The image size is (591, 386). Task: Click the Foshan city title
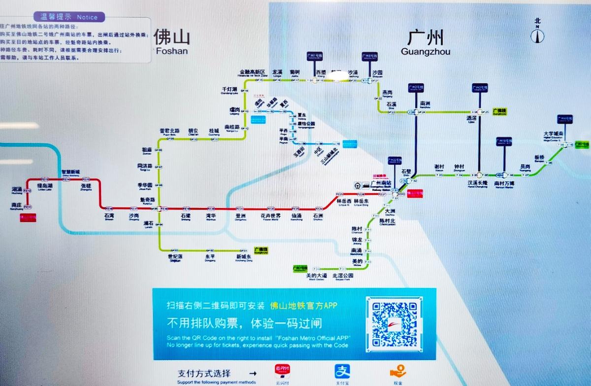pos(171,40)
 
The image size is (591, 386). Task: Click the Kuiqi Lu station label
pos(148,200)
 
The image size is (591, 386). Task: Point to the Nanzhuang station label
pos(16,206)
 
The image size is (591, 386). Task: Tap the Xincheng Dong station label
pos(243,258)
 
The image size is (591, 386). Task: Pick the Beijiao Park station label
pos(343,277)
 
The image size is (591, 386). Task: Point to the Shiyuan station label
pos(376,73)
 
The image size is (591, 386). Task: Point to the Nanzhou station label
pos(426,105)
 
